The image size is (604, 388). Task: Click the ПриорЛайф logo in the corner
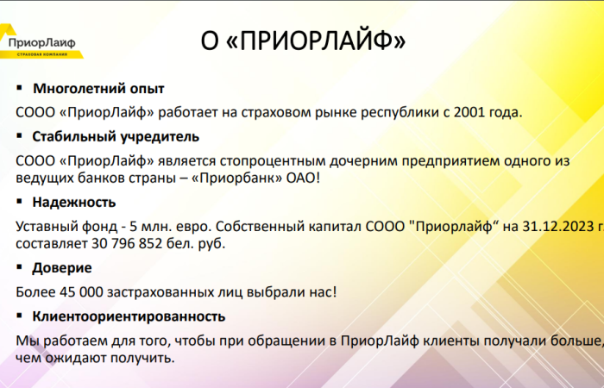pos(41,42)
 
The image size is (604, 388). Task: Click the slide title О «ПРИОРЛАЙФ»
pos(302,41)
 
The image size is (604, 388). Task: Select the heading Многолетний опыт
pos(98,89)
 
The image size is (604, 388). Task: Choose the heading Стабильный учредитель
pos(116,136)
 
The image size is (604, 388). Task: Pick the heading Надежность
pos(73,203)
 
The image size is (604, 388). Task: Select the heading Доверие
pos(62,268)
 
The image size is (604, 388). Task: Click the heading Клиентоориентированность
pos(129,316)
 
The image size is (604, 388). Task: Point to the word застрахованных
pos(162,292)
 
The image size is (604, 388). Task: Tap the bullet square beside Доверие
pos(20,267)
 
